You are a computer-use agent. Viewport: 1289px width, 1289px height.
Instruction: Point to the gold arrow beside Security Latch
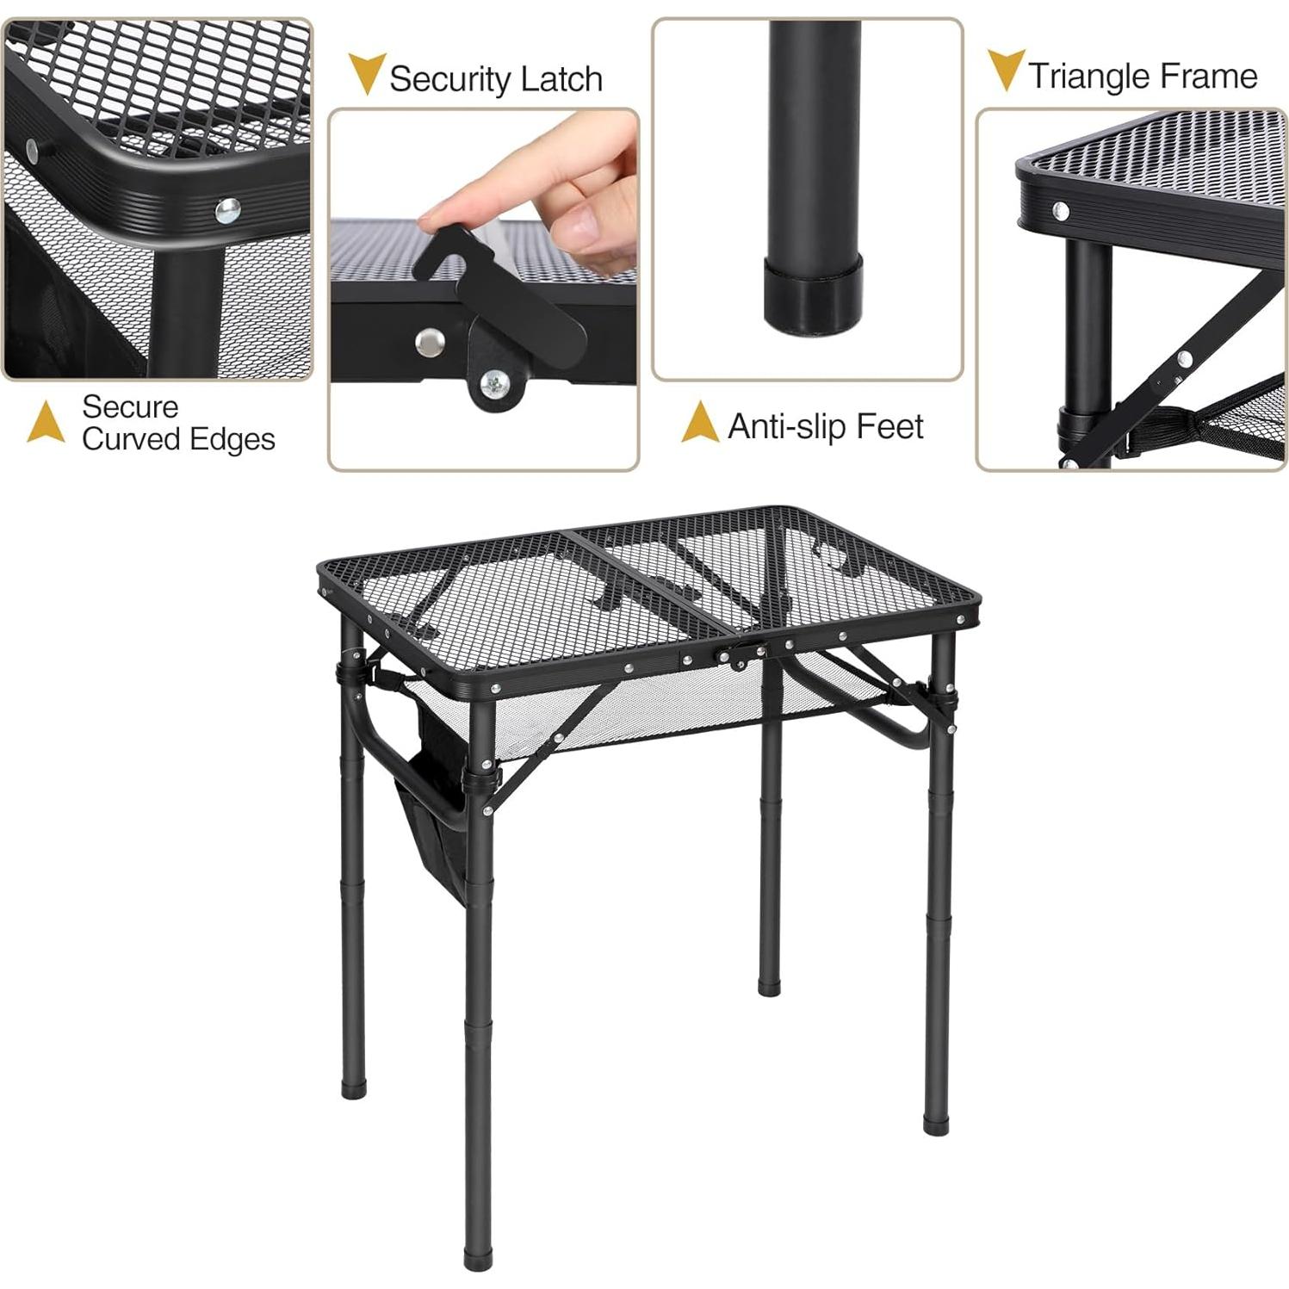coord(367,72)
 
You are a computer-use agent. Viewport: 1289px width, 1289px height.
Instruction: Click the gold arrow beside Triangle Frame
coord(1005,69)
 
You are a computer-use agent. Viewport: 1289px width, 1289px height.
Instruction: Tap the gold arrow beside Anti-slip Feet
coord(699,423)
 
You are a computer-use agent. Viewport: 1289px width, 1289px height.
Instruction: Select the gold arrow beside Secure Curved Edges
coord(46,422)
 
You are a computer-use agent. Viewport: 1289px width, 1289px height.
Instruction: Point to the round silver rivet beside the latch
coord(430,342)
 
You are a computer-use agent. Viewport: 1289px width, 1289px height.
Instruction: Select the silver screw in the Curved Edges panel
coord(227,210)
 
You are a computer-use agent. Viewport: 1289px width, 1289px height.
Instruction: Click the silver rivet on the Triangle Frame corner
coord(1060,210)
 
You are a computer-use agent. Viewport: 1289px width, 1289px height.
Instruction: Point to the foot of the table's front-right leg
coord(935,1123)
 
